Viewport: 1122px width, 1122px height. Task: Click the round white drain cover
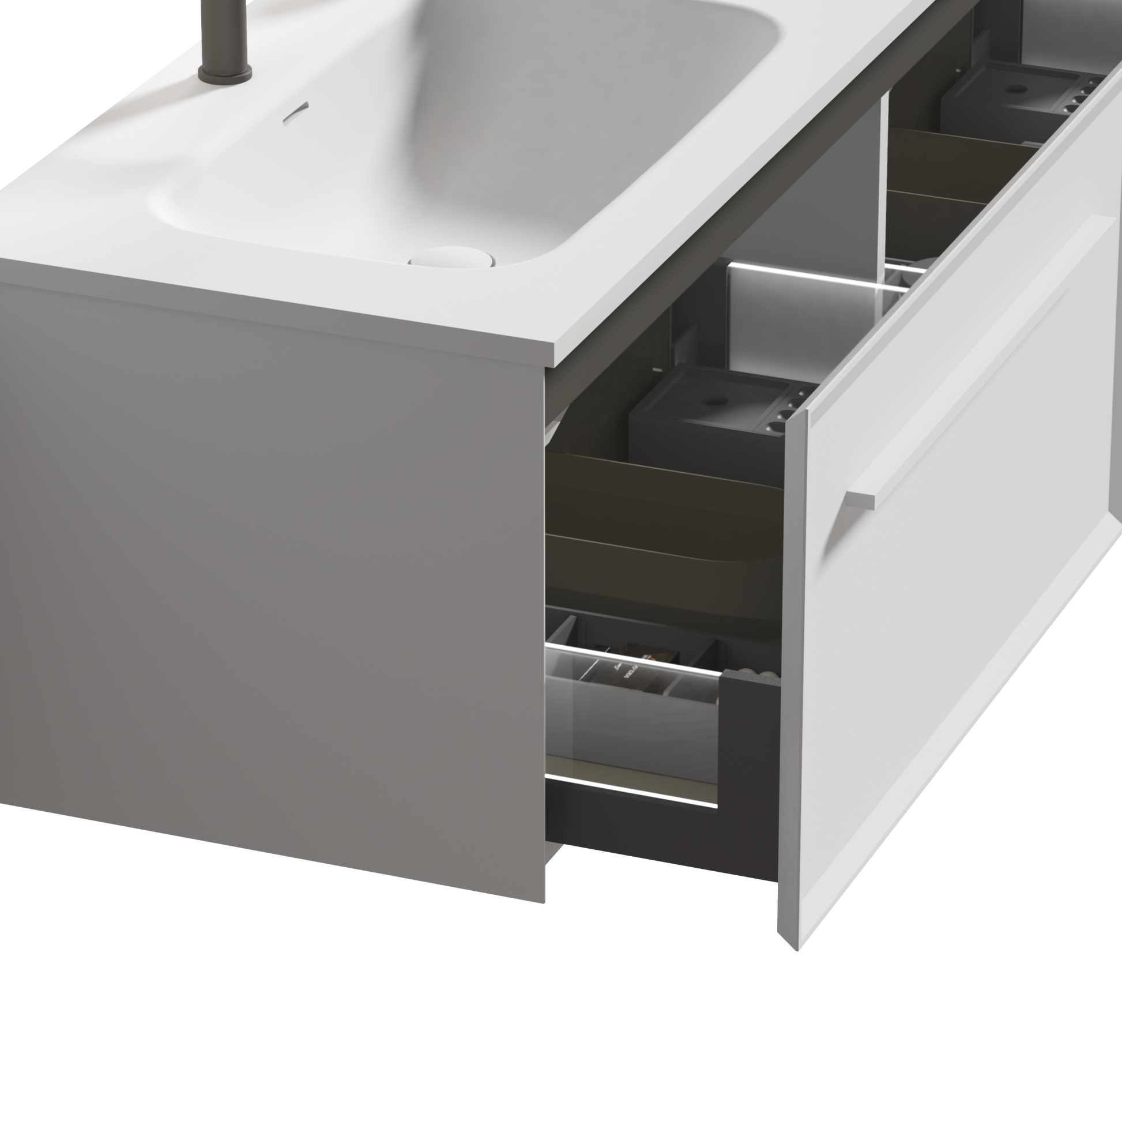[x=451, y=260]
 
